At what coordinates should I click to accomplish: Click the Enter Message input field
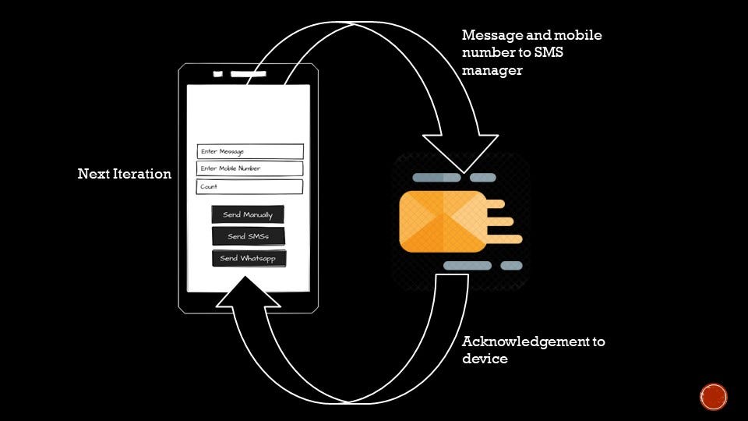249,151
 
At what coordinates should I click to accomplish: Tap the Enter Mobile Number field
249,168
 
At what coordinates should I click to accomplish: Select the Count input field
249,186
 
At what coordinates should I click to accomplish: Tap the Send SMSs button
248,236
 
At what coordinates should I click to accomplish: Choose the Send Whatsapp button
249,258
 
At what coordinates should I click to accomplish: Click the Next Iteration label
125,174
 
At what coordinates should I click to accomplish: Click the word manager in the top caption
492,70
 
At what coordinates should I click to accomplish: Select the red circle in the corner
713,396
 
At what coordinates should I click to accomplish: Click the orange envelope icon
442,221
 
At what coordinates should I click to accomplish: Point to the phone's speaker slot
248,74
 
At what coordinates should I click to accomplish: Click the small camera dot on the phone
218,74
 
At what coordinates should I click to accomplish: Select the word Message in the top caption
489,36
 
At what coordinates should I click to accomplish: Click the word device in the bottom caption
485,359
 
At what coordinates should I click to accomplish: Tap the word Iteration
144,174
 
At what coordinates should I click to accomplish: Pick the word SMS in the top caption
577,53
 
